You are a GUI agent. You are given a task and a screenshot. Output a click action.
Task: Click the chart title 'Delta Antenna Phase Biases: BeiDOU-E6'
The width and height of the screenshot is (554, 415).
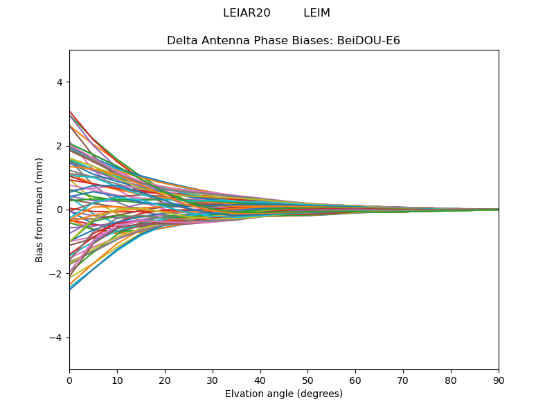tap(283, 41)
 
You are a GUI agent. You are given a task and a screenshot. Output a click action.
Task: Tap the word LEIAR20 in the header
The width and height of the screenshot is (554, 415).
tap(247, 13)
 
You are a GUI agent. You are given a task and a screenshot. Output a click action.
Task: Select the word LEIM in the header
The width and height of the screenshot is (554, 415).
tap(316, 13)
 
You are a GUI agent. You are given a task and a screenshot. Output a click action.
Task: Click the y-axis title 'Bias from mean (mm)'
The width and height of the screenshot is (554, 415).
tap(40, 210)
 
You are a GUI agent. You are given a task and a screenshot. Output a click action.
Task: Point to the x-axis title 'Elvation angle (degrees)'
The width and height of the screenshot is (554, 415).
tap(283, 394)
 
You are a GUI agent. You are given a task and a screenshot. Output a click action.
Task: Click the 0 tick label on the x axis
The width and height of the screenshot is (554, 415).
tap(69, 380)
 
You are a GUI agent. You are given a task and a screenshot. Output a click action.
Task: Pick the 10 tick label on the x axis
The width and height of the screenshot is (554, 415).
tap(117, 380)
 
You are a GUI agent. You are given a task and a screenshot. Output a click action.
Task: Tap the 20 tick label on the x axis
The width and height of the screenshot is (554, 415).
tap(165, 380)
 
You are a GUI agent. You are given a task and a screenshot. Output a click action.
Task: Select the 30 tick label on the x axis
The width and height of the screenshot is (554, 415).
tap(213, 380)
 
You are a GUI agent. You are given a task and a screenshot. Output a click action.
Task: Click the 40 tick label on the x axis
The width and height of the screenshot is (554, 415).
tap(260, 380)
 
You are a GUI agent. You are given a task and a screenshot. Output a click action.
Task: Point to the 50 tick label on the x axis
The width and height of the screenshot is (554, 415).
tap(307, 380)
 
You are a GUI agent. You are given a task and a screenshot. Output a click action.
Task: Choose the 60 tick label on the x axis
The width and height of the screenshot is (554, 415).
tap(355, 380)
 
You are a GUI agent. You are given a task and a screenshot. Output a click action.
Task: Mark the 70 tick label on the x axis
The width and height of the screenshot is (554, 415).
tap(403, 380)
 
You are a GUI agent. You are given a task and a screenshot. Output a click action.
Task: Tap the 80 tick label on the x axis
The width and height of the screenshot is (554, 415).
tap(451, 380)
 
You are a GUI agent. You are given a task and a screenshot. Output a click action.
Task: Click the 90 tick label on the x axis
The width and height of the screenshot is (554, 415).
tap(499, 380)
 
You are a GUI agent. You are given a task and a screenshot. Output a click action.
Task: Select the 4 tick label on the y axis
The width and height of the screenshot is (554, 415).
tap(60, 82)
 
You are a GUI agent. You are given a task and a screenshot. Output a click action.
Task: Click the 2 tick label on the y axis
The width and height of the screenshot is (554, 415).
tap(60, 146)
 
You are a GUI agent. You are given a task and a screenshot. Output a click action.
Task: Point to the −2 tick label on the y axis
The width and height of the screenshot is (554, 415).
tap(57, 274)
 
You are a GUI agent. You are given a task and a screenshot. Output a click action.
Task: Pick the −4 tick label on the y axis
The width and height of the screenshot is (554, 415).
tap(57, 338)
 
